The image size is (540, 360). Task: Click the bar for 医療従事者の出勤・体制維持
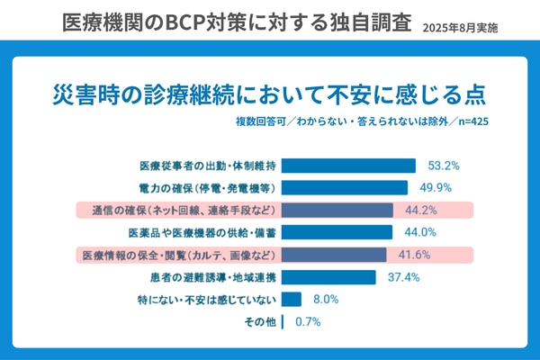349,166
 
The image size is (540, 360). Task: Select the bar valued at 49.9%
344,188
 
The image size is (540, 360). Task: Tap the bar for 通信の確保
337,211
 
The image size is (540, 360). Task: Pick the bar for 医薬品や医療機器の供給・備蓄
337,232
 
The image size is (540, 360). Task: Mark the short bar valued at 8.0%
292,300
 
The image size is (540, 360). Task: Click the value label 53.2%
445,166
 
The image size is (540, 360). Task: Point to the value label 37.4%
404,277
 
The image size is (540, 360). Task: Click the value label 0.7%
306,321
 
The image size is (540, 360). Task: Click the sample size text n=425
472,121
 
